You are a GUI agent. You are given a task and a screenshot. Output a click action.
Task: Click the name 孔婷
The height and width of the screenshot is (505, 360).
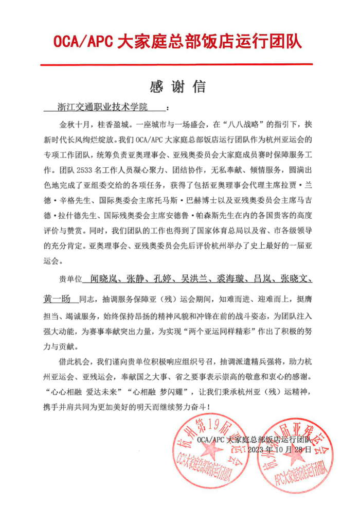[158, 280]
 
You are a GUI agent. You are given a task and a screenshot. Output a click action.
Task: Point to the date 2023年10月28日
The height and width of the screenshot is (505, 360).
[279, 449]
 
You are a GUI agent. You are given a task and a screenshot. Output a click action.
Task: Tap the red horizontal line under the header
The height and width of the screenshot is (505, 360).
[179, 64]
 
